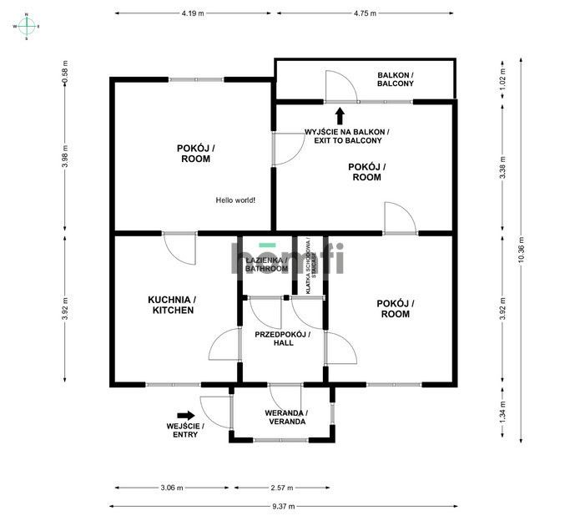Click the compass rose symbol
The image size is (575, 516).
coord(27,26)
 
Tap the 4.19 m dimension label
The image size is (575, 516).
coord(193,13)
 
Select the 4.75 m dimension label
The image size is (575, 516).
coord(366,13)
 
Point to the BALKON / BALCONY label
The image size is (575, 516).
coord(395,79)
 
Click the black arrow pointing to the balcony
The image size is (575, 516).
coord(340,115)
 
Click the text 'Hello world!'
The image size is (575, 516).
coord(235,200)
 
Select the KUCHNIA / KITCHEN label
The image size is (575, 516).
coord(171,305)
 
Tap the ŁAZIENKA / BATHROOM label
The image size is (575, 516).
coord(266,265)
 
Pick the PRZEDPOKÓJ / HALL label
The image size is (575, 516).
coord(282,338)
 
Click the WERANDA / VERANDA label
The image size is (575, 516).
coord(286,417)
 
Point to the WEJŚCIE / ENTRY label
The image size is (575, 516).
coord(185,430)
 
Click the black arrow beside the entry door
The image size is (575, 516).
coord(185,414)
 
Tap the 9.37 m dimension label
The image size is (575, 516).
coord(283,505)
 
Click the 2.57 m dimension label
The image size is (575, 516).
coord(282,488)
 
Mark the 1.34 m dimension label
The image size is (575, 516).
coord(502,415)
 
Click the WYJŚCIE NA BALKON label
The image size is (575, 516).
coord(346,137)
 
